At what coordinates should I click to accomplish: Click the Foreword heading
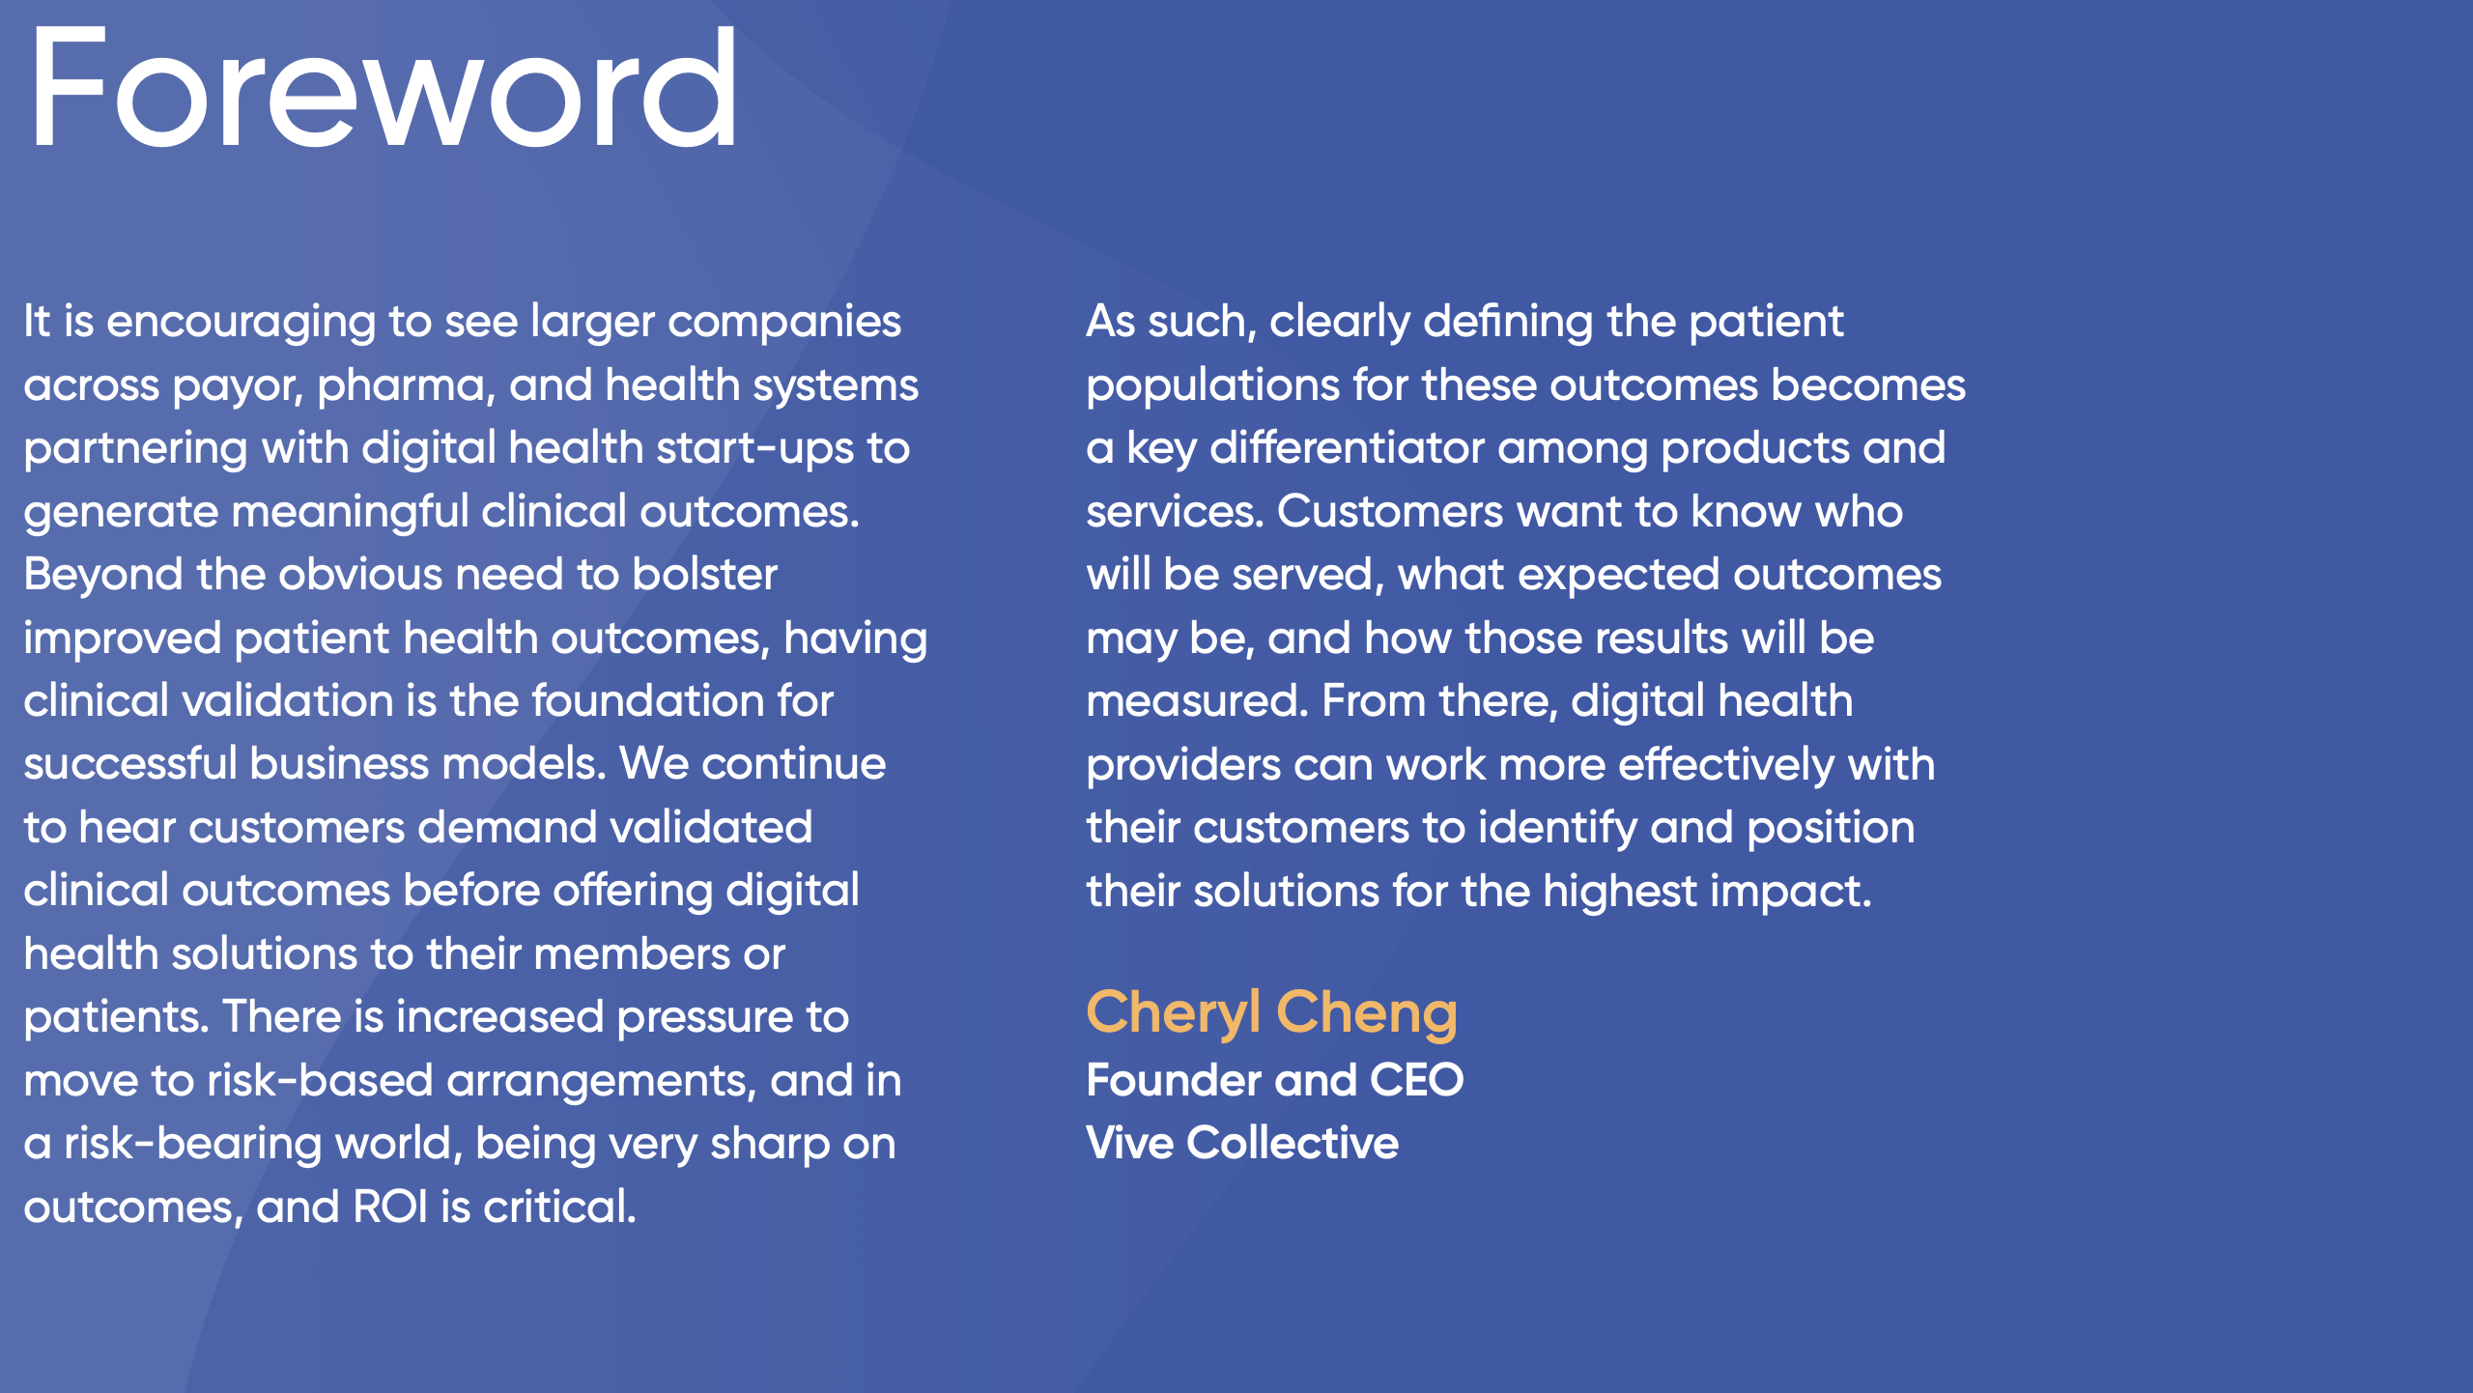[x=384, y=89]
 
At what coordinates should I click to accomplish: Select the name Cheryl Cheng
[x=1271, y=1013]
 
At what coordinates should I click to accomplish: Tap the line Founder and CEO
[x=1274, y=1080]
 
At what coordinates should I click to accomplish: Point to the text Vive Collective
[x=1242, y=1143]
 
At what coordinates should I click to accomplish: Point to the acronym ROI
[x=390, y=1208]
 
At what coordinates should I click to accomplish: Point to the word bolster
[x=705, y=575]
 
